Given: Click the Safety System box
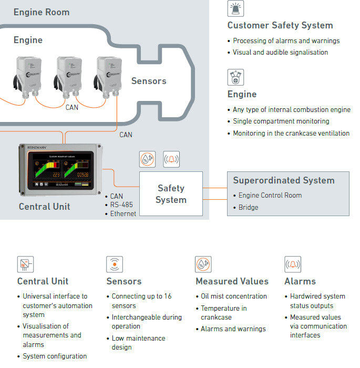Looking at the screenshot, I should (171, 193).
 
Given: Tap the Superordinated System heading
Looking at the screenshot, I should (284, 180).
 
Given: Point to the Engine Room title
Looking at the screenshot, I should (42, 12).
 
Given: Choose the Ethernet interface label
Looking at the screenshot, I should (123, 213).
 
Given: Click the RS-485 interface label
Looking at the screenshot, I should (121, 205).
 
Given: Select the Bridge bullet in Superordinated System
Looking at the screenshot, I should (248, 207).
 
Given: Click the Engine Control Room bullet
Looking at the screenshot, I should (270, 195).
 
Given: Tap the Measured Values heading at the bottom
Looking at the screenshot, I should (232, 281).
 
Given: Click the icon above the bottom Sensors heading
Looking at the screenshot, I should (114, 264).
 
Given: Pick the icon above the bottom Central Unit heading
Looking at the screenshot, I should (25, 264).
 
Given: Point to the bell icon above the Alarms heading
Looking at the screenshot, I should (293, 264).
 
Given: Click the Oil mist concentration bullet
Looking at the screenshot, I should (234, 297).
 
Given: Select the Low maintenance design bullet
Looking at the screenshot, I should (131, 343).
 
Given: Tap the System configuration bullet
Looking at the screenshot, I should (55, 356).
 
